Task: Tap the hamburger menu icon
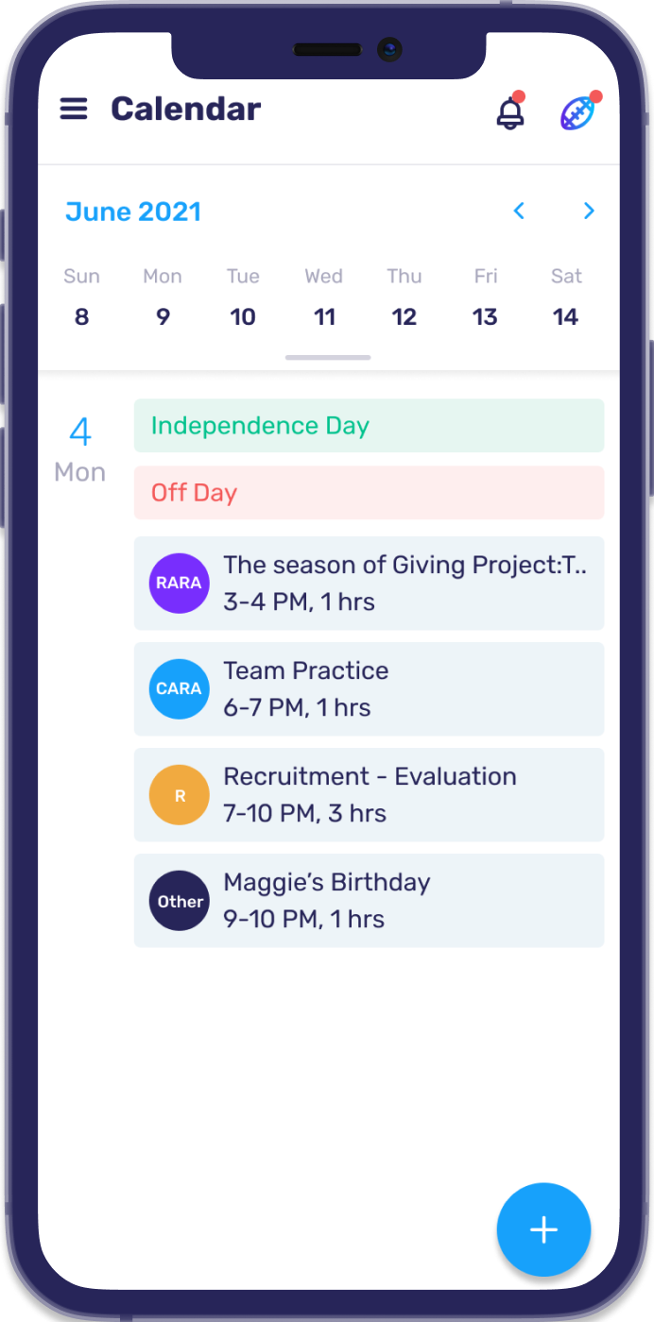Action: click(x=74, y=109)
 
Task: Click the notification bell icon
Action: click(x=510, y=113)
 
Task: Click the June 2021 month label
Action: click(x=133, y=212)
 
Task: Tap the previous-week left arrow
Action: click(x=518, y=211)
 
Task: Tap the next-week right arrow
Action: click(x=589, y=211)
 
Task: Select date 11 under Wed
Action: click(x=324, y=317)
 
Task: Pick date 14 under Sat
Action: click(x=565, y=317)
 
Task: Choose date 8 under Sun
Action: click(x=81, y=317)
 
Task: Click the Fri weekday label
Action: click(x=486, y=276)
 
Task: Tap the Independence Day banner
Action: click(x=369, y=426)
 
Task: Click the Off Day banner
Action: click(x=369, y=493)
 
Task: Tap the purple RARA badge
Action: click(x=179, y=584)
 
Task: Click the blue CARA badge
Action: click(x=179, y=689)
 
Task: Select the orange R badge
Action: click(x=179, y=795)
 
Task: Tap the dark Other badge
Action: click(x=179, y=901)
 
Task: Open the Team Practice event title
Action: click(x=306, y=670)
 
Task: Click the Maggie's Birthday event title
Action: click(x=327, y=882)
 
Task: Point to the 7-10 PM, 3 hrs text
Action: click(x=304, y=813)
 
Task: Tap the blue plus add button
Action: click(x=543, y=1229)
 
